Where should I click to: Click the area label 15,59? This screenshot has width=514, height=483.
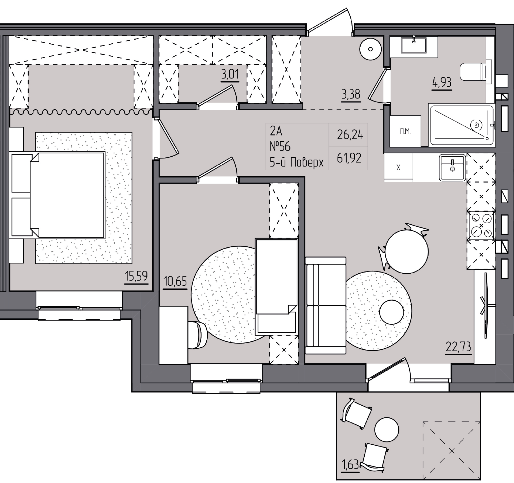tap(137, 276)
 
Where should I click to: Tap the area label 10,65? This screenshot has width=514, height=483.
tap(175, 281)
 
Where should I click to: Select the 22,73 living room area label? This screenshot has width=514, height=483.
tap(458, 347)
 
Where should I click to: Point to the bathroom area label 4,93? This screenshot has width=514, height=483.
tap(442, 82)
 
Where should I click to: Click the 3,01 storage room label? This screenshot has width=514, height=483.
tap(230, 74)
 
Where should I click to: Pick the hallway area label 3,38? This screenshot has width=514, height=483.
tap(351, 95)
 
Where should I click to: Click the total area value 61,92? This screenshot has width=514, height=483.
tap(349, 158)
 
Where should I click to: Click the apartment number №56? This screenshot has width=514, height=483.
tap(280, 147)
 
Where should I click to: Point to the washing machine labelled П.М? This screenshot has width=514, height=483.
tap(405, 131)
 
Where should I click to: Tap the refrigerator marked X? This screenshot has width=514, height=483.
tap(398, 167)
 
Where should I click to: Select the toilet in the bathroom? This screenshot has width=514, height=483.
tap(475, 71)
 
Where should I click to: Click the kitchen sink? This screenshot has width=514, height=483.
tap(452, 167)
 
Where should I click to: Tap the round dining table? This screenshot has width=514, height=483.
tap(406, 251)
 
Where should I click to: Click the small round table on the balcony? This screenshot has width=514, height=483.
tap(387, 429)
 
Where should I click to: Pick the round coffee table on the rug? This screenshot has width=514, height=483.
tap(391, 312)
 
